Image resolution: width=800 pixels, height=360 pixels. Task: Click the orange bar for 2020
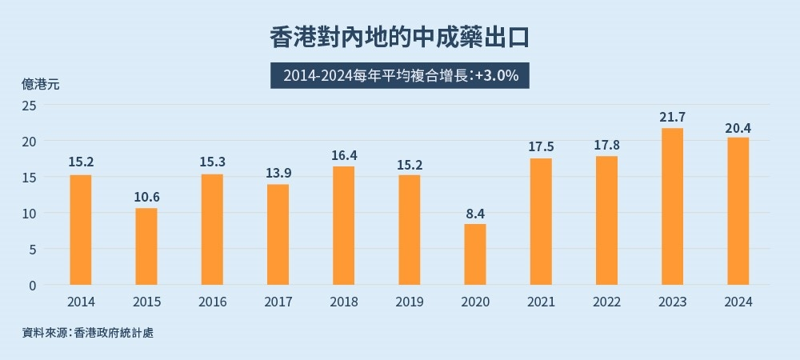(x=475, y=254)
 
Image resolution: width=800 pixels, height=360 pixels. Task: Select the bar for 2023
(x=672, y=206)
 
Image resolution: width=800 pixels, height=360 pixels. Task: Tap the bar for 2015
(x=146, y=246)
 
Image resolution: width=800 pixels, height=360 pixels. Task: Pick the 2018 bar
(x=343, y=226)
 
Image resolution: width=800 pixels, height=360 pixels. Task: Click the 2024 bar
(x=738, y=211)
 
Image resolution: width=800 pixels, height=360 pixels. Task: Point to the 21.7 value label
(x=672, y=117)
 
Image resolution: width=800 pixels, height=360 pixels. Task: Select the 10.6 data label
(x=146, y=197)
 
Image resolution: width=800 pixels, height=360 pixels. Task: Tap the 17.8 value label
(x=607, y=145)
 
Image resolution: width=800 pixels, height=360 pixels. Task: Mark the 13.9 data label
(x=278, y=173)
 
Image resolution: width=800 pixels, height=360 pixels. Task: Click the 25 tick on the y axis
(x=30, y=105)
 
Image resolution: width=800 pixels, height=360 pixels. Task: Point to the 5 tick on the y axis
(x=33, y=249)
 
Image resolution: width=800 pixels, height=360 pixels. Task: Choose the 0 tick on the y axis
(x=33, y=285)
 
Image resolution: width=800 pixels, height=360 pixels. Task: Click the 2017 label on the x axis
(x=278, y=302)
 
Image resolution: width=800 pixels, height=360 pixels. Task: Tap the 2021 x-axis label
(x=541, y=302)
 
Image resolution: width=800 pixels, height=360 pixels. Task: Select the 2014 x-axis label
(x=81, y=302)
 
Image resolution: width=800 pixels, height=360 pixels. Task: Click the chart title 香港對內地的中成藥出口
(x=400, y=38)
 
